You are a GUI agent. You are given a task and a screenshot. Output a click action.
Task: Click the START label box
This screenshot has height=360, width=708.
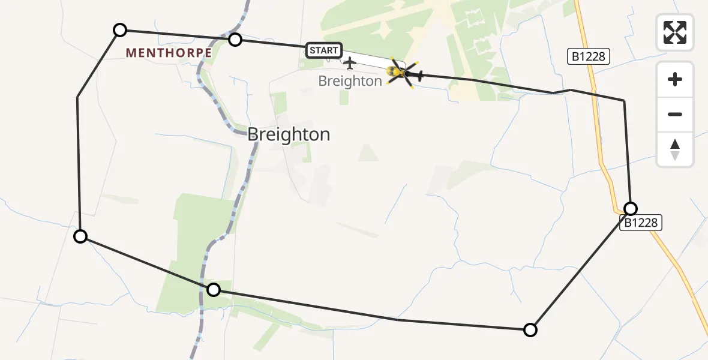point(324,50)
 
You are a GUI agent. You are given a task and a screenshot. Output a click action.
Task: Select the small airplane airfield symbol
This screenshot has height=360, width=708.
point(349,62)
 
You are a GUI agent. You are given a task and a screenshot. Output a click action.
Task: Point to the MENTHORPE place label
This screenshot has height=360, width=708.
point(169,53)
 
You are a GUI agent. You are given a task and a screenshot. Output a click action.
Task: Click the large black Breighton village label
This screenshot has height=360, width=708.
point(289,134)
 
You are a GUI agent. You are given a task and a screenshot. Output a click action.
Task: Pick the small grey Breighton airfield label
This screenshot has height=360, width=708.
point(350,81)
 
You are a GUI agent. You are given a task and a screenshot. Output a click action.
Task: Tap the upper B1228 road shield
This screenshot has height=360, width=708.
point(589,57)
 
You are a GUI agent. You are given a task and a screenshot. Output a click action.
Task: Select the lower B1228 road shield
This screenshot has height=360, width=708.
point(640,223)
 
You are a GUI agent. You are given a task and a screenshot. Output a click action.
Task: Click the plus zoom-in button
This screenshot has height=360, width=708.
point(675,79)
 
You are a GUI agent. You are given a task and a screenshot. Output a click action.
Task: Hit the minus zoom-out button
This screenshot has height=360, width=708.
point(675,114)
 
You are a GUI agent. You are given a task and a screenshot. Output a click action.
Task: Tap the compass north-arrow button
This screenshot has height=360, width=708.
point(675,149)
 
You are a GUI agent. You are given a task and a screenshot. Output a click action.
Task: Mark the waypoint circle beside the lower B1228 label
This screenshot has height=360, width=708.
point(631,208)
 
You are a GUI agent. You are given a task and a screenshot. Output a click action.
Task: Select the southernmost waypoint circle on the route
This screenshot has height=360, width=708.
point(530,329)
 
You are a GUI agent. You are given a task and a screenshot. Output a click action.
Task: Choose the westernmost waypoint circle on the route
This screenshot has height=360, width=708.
point(80,236)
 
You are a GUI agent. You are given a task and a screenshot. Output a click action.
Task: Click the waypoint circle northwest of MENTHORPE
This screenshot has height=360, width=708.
point(120,29)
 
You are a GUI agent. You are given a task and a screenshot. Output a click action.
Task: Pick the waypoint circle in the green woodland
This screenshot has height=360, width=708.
point(214,290)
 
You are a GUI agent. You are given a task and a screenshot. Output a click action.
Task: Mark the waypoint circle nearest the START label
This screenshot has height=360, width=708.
point(235,40)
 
